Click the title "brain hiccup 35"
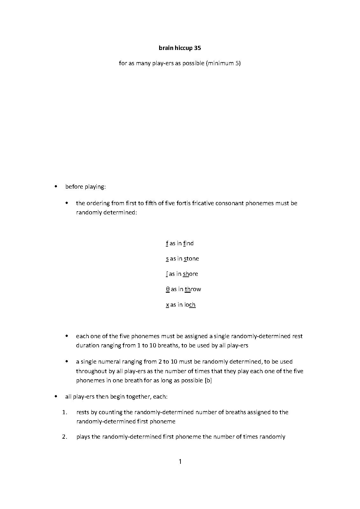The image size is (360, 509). click(180, 48)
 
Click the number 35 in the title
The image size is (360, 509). click(197, 48)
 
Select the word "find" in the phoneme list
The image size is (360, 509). click(188, 243)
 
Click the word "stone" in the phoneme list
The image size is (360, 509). click(191, 259)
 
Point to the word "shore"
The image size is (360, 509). click(190, 274)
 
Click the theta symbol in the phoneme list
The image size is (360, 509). click(168, 289)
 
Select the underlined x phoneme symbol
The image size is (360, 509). click(167, 305)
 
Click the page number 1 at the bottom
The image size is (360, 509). click(180, 461)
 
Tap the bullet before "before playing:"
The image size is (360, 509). click(56, 186)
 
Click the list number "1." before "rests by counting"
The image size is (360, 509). click(65, 412)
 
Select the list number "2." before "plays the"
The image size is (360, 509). click(65, 437)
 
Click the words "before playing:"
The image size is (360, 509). click(85, 187)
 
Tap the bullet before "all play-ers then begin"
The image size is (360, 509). click(56, 397)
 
